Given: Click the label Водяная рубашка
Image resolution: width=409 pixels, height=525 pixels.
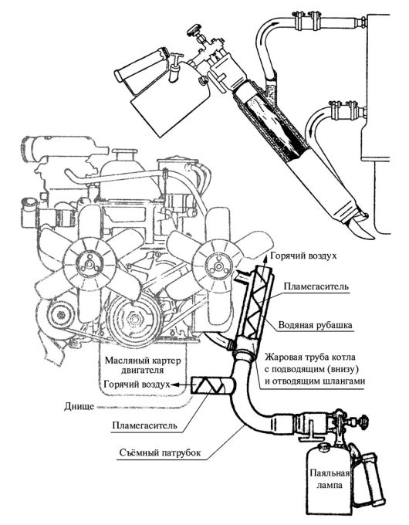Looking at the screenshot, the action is click(x=315, y=325).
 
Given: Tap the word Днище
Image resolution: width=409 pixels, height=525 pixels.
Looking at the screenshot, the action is click(x=79, y=407).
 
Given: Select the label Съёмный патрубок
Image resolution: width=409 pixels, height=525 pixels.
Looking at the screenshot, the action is click(x=161, y=452).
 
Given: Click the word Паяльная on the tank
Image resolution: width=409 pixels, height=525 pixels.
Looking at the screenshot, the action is click(x=330, y=473).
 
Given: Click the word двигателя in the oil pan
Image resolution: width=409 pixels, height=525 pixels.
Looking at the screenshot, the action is click(x=143, y=370).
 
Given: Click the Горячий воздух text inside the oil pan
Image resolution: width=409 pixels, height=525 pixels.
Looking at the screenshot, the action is click(x=137, y=384).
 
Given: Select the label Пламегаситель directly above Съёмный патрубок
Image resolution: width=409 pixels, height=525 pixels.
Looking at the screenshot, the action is click(x=144, y=425).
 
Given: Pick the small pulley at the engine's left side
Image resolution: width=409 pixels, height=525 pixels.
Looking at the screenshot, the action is click(x=60, y=315).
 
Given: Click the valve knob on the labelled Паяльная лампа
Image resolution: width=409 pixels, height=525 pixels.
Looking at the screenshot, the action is click(x=363, y=420).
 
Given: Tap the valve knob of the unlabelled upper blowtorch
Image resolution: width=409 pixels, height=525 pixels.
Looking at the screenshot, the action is click(x=194, y=31).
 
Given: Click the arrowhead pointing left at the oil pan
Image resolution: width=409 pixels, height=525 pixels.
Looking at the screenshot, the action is click(x=174, y=384).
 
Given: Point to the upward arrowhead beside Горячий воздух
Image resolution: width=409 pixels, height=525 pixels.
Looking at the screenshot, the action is click(x=265, y=256).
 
